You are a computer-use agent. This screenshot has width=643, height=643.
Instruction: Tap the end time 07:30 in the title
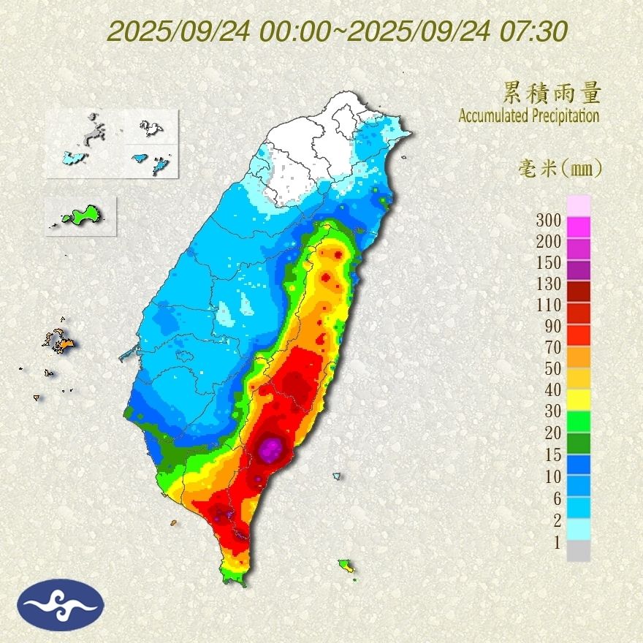(533, 31)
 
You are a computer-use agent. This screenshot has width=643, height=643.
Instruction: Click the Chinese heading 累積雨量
(552, 93)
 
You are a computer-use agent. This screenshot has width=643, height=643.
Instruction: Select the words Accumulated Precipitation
(529, 115)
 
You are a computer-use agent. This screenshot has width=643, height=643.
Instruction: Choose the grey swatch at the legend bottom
(578, 551)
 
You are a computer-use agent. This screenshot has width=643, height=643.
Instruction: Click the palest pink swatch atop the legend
(578, 205)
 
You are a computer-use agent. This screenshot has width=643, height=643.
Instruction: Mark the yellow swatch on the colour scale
(578, 398)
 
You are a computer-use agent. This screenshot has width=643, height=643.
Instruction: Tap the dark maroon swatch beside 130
(578, 291)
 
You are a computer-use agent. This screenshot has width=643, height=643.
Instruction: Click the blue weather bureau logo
(62, 604)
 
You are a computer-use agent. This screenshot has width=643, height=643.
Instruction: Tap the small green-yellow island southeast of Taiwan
(346, 565)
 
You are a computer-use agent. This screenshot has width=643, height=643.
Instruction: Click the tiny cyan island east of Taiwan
(336, 476)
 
